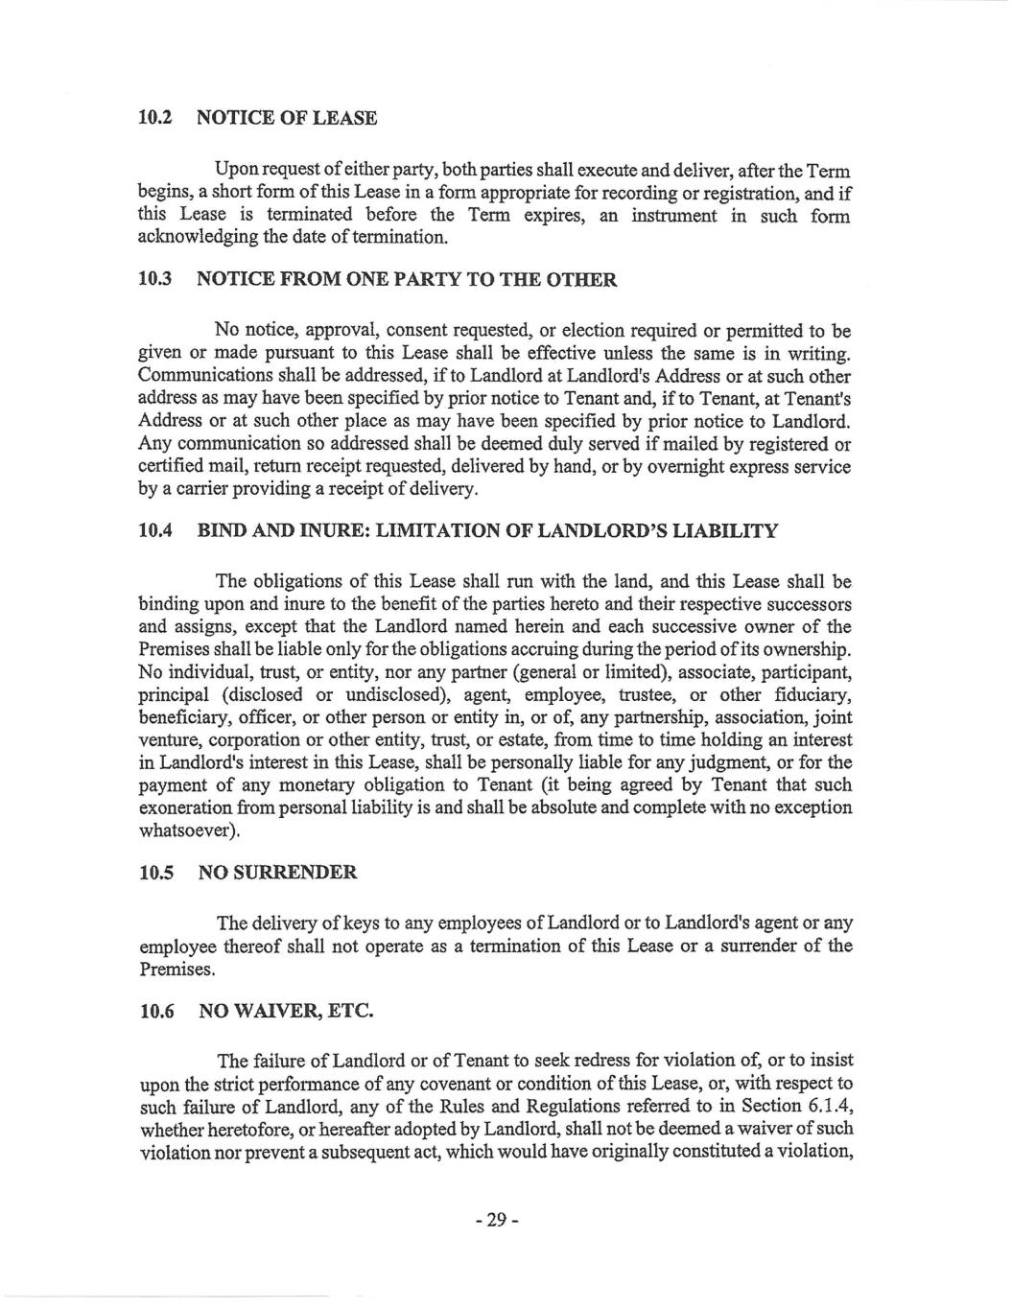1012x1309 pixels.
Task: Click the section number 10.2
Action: [154, 118]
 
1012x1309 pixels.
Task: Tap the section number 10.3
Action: [154, 280]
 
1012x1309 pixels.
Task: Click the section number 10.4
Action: [154, 531]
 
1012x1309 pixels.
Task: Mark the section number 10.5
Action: [154, 873]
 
